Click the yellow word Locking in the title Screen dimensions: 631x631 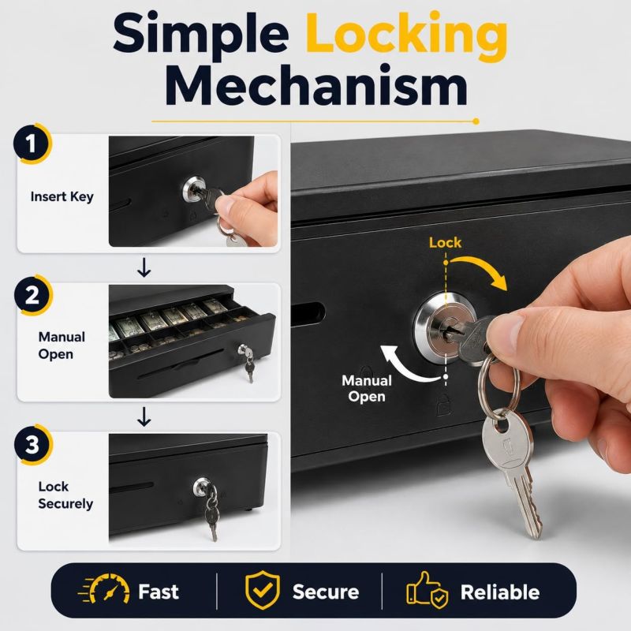[406, 37]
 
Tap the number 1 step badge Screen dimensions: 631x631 [32, 144]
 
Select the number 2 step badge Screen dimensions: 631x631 [32, 295]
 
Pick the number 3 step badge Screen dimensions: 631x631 [32, 444]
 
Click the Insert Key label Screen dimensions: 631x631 [62, 196]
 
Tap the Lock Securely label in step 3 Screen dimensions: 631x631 [65, 495]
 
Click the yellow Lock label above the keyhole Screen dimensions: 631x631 [445, 242]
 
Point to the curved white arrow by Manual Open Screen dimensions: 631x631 [402, 368]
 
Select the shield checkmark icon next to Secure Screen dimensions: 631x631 [263, 590]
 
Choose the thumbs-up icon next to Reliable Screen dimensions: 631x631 [427, 590]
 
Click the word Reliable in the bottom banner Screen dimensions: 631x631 [500, 592]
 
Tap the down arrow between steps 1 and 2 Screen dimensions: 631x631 [144, 268]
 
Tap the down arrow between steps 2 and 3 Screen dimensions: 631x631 [144, 417]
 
